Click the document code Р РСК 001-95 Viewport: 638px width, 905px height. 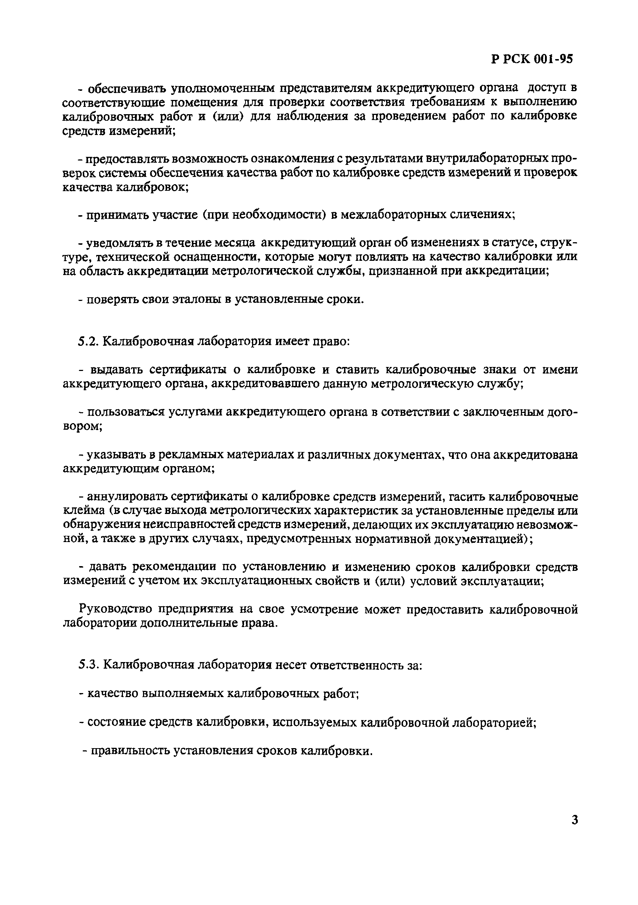532,59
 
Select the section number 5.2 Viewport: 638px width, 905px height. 88,341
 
